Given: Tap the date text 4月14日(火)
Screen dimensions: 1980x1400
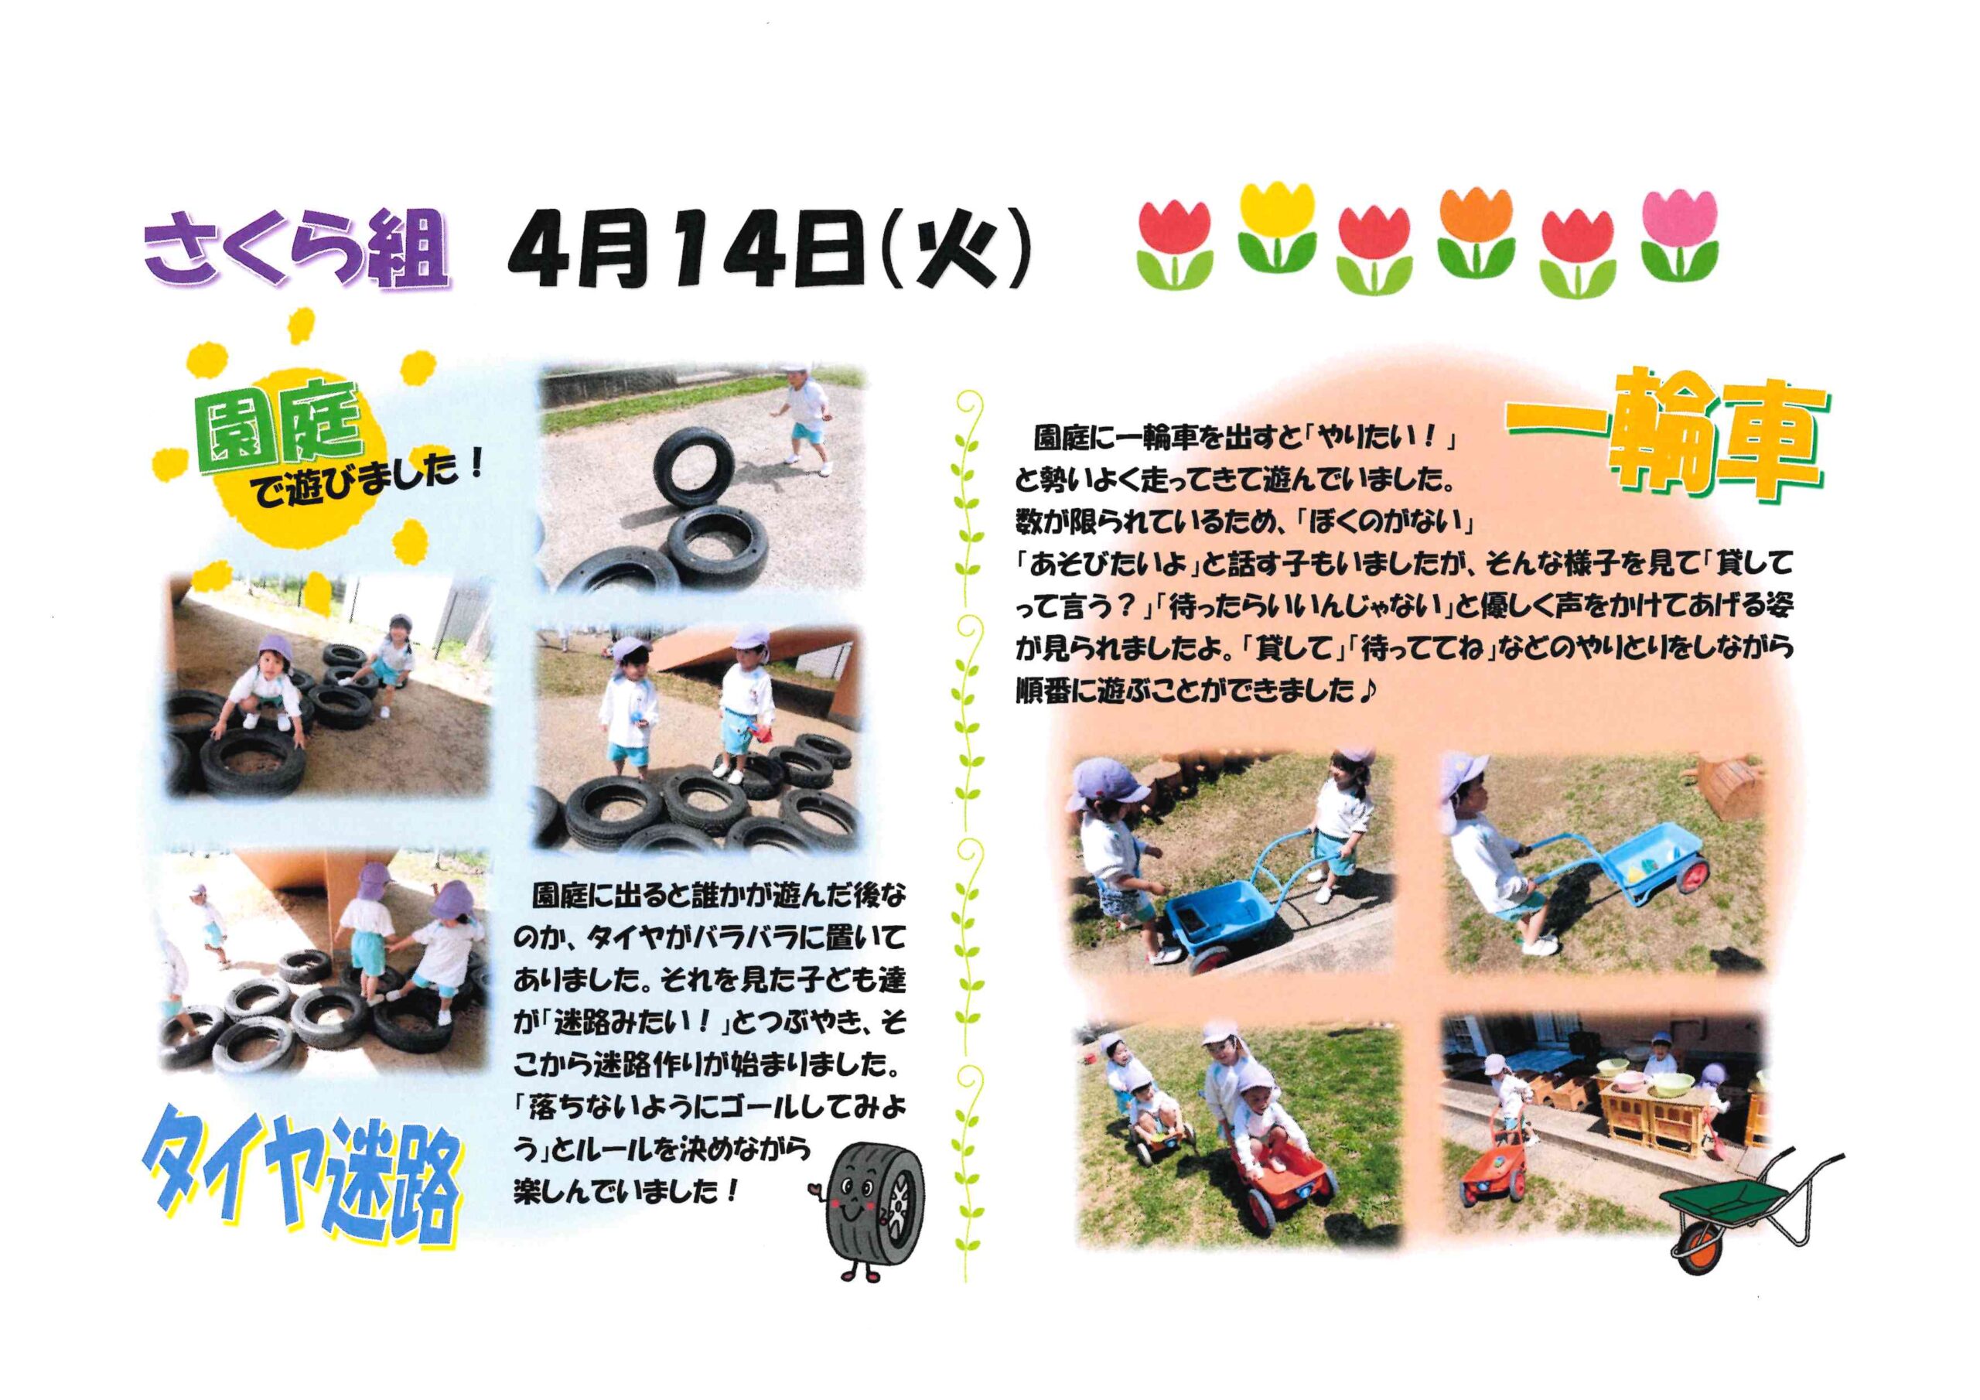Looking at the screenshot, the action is (767, 249).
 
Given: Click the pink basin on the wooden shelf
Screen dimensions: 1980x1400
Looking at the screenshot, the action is (1613, 1083).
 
